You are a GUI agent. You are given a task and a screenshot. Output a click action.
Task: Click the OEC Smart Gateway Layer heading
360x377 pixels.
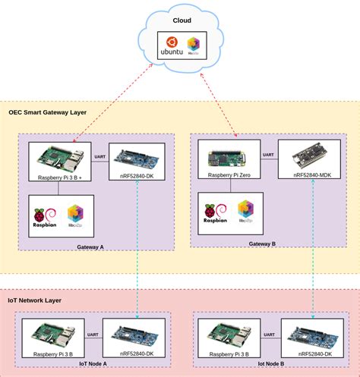(x=47, y=112)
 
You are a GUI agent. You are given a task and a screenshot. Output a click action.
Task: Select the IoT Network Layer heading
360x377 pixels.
(x=35, y=300)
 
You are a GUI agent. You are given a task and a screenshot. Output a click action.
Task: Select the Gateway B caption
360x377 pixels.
(x=263, y=244)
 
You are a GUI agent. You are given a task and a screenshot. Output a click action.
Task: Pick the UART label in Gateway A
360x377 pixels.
(x=99, y=157)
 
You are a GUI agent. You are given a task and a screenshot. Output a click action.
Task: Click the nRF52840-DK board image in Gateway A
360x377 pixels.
(x=137, y=158)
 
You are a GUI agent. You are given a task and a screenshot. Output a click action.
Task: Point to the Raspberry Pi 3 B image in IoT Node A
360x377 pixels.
(x=53, y=334)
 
